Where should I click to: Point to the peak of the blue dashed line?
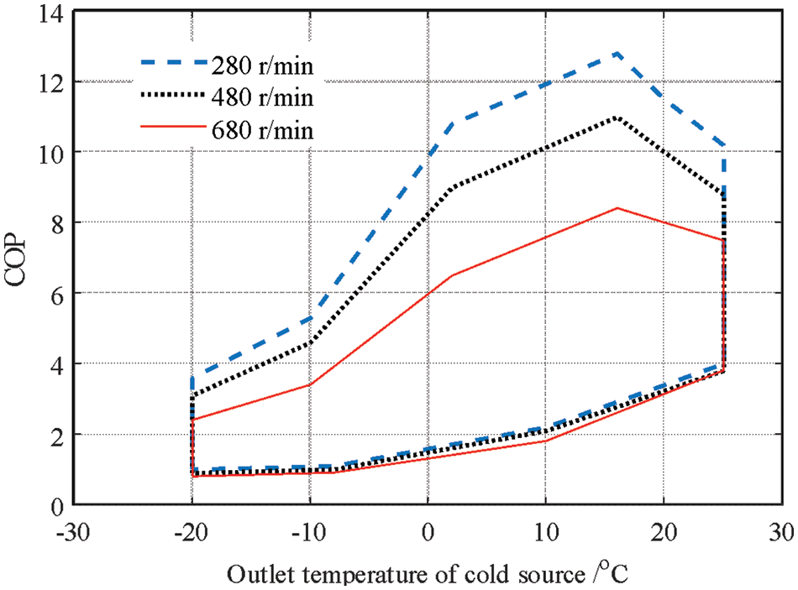[617, 53]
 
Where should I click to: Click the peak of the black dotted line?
[617, 117]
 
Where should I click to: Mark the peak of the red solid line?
[617, 208]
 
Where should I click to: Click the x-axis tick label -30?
[73, 533]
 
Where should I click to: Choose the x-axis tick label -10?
[310, 533]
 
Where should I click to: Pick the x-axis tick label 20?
[664, 533]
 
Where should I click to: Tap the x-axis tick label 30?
[781, 533]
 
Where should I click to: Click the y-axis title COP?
[18, 257]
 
